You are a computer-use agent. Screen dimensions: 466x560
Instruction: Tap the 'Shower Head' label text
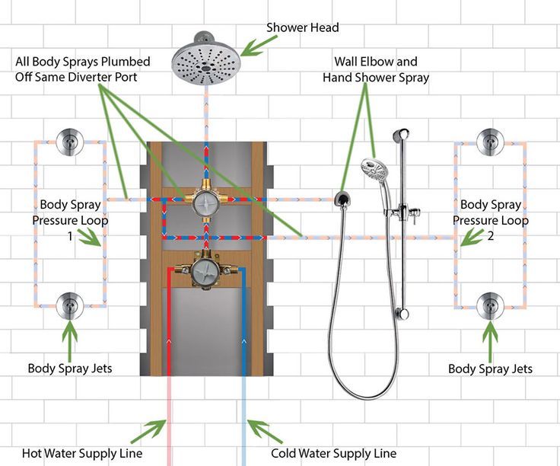pyautogui.click(x=302, y=27)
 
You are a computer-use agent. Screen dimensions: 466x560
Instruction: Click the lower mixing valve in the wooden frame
pyautogui.click(x=204, y=271)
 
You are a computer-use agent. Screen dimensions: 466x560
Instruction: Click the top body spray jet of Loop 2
pyautogui.click(x=488, y=142)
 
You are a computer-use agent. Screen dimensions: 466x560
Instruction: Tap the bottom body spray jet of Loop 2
pyautogui.click(x=488, y=305)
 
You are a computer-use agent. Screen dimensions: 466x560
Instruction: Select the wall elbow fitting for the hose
pyautogui.click(x=343, y=200)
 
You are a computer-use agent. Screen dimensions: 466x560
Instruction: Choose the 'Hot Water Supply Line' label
pyautogui.click(x=82, y=454)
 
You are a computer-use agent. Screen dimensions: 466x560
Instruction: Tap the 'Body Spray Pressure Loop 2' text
pyautogui.click(x=491, y=220)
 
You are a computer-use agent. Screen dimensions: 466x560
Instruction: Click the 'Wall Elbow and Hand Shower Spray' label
pyautogui.click(x=376, y=69)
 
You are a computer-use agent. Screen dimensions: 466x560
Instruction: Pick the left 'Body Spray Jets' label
pyautogui.click(x=70, y=368)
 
